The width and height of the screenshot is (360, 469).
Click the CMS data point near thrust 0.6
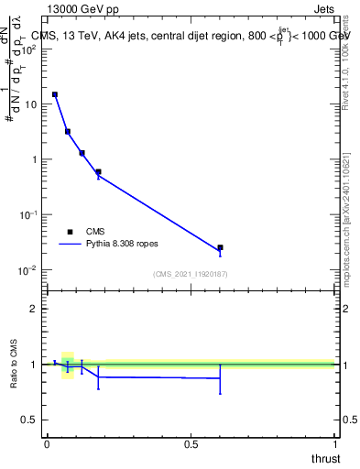tap(220, 247)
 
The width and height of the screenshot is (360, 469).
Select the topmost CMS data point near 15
tap(55, 94)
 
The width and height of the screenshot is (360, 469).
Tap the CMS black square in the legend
tap(70, 232)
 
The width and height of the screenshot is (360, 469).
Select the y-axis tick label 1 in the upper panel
tap(35, 159)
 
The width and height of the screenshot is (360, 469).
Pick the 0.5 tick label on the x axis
tap(191, 443)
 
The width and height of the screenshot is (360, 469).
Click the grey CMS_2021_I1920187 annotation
tap(191, 274)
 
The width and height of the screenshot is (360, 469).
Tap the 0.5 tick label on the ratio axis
tap(30, 420)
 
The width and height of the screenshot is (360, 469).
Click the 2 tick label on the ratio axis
tap(35, 309)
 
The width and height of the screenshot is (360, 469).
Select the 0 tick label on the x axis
tap(47, 443)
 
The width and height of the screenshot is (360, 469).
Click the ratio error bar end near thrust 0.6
tap(220, 393)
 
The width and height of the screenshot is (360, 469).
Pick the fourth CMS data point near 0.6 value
tap(98, 171)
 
